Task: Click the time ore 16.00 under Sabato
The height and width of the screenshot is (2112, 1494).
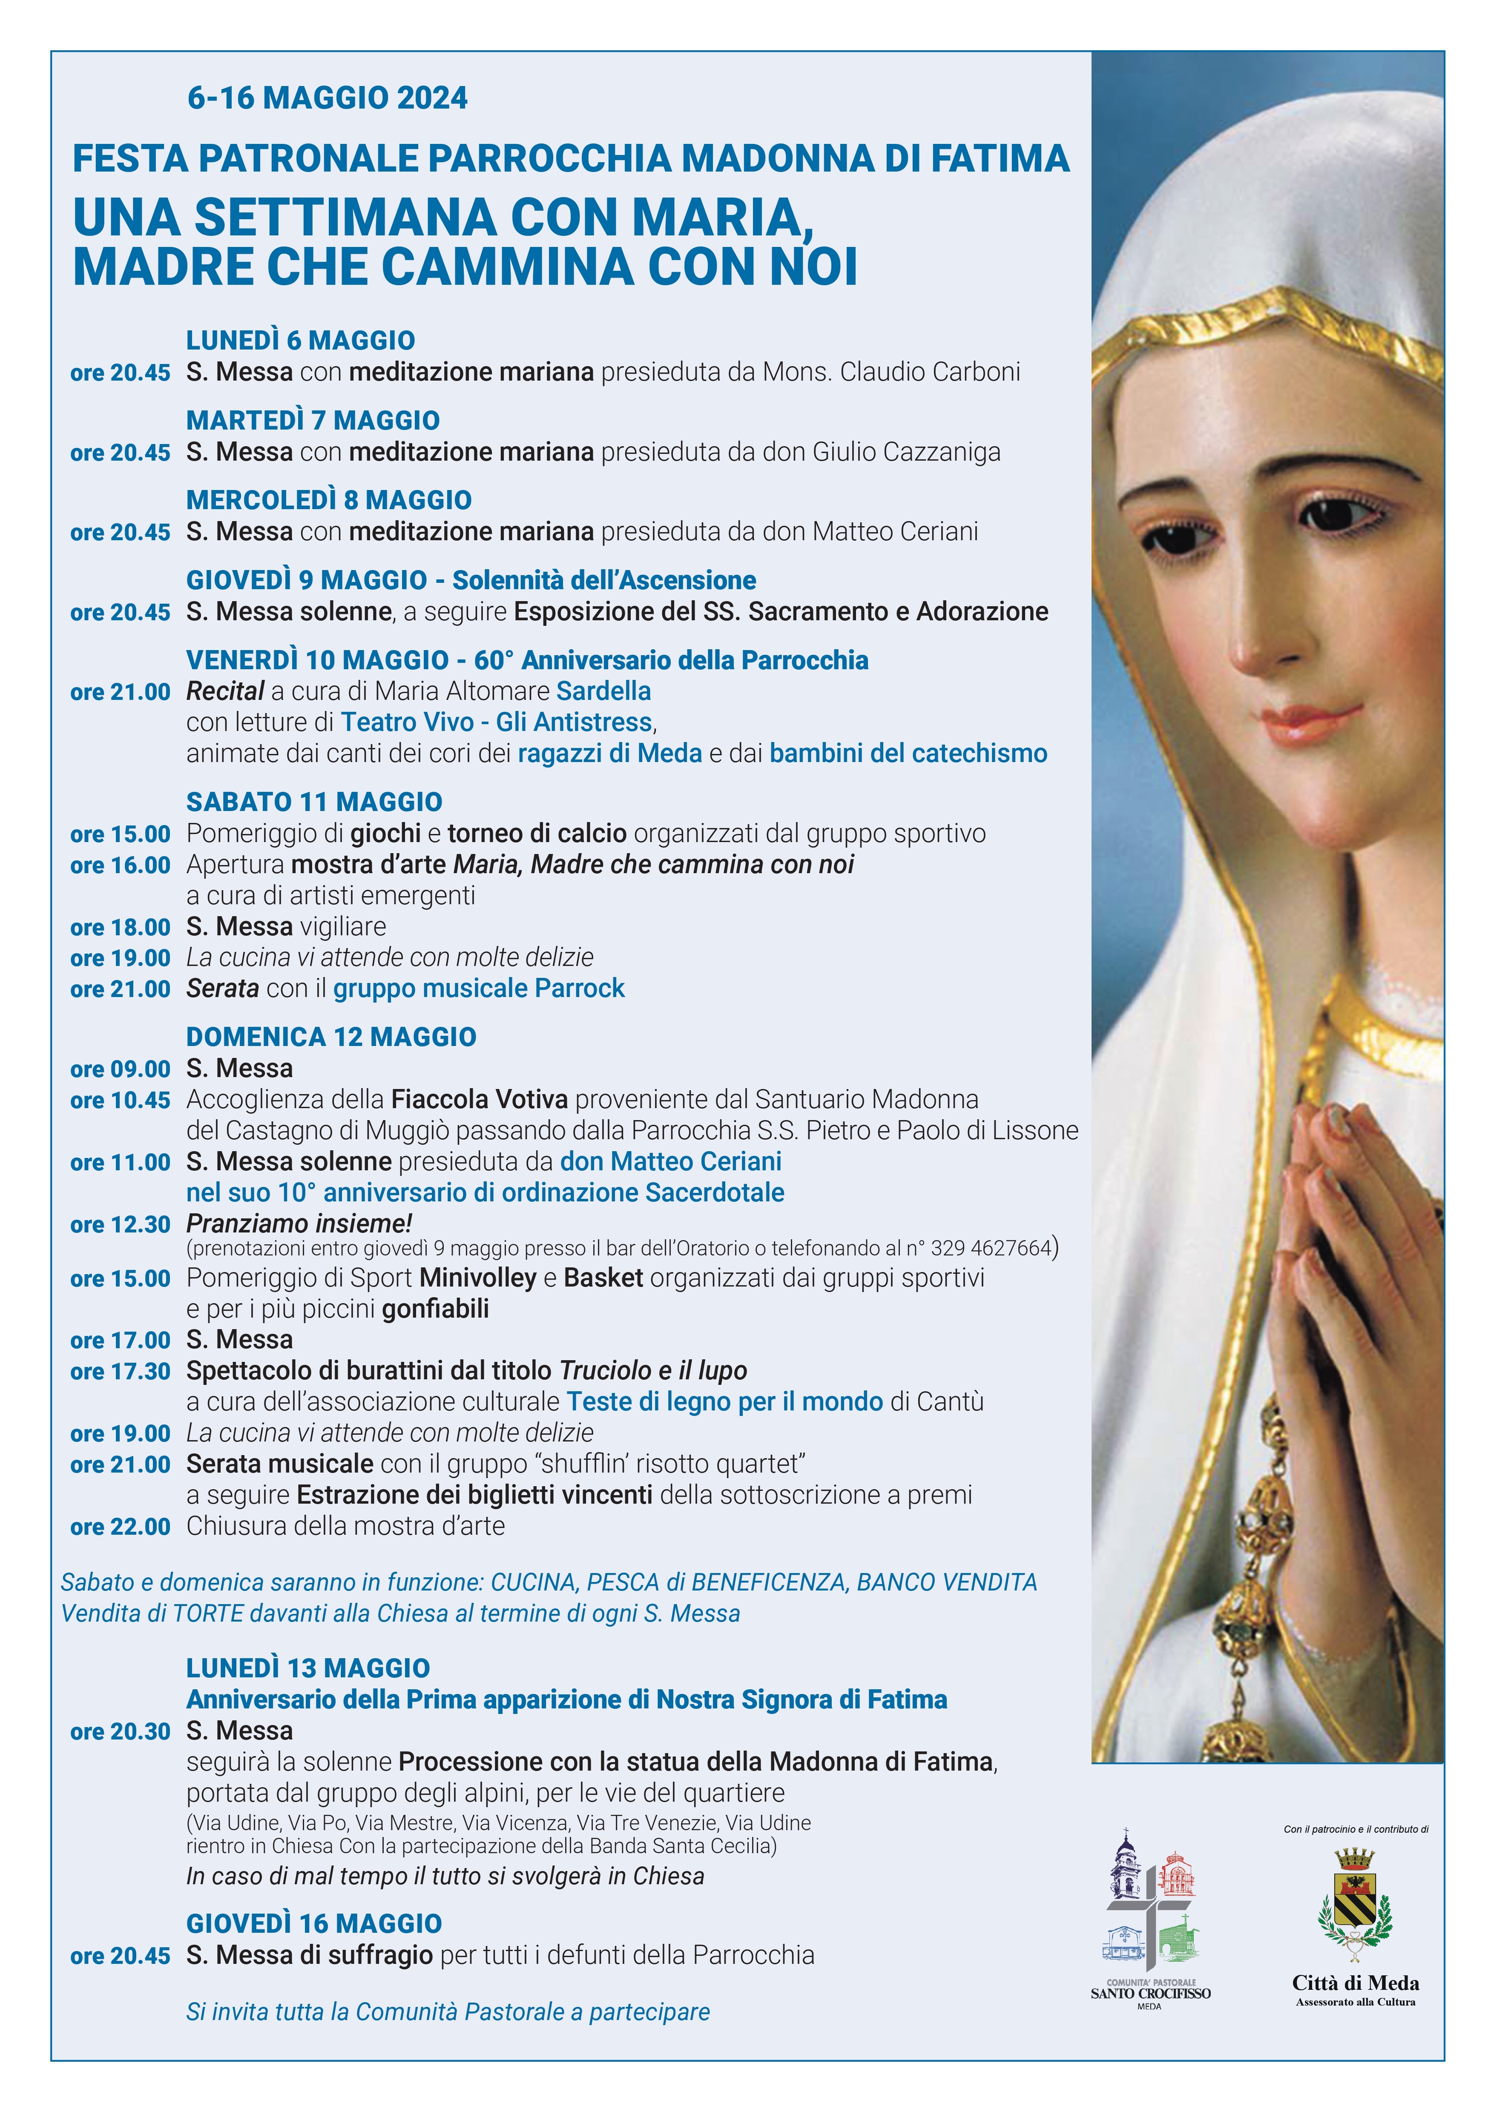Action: (x=121, y=865)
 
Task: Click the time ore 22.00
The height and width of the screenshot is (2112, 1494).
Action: (x=121, y=1527)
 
